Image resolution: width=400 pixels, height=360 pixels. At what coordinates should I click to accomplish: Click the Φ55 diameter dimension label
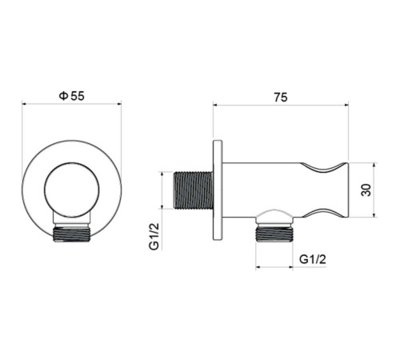[72, 95]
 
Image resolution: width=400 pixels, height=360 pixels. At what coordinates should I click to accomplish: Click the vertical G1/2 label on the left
[154, 236]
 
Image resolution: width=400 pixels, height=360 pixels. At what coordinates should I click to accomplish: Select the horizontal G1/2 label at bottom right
[312, 258]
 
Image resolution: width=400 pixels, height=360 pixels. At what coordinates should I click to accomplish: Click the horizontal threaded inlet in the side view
[193, 190]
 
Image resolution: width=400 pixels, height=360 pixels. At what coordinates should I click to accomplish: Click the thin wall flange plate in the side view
[217, 190]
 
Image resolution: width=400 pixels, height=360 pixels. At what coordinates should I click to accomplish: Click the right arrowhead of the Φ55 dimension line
[119, 104]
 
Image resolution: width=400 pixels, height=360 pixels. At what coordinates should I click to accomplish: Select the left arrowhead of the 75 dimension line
[215, 104]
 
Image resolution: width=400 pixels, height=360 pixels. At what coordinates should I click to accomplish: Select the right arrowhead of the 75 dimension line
[346, 104]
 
